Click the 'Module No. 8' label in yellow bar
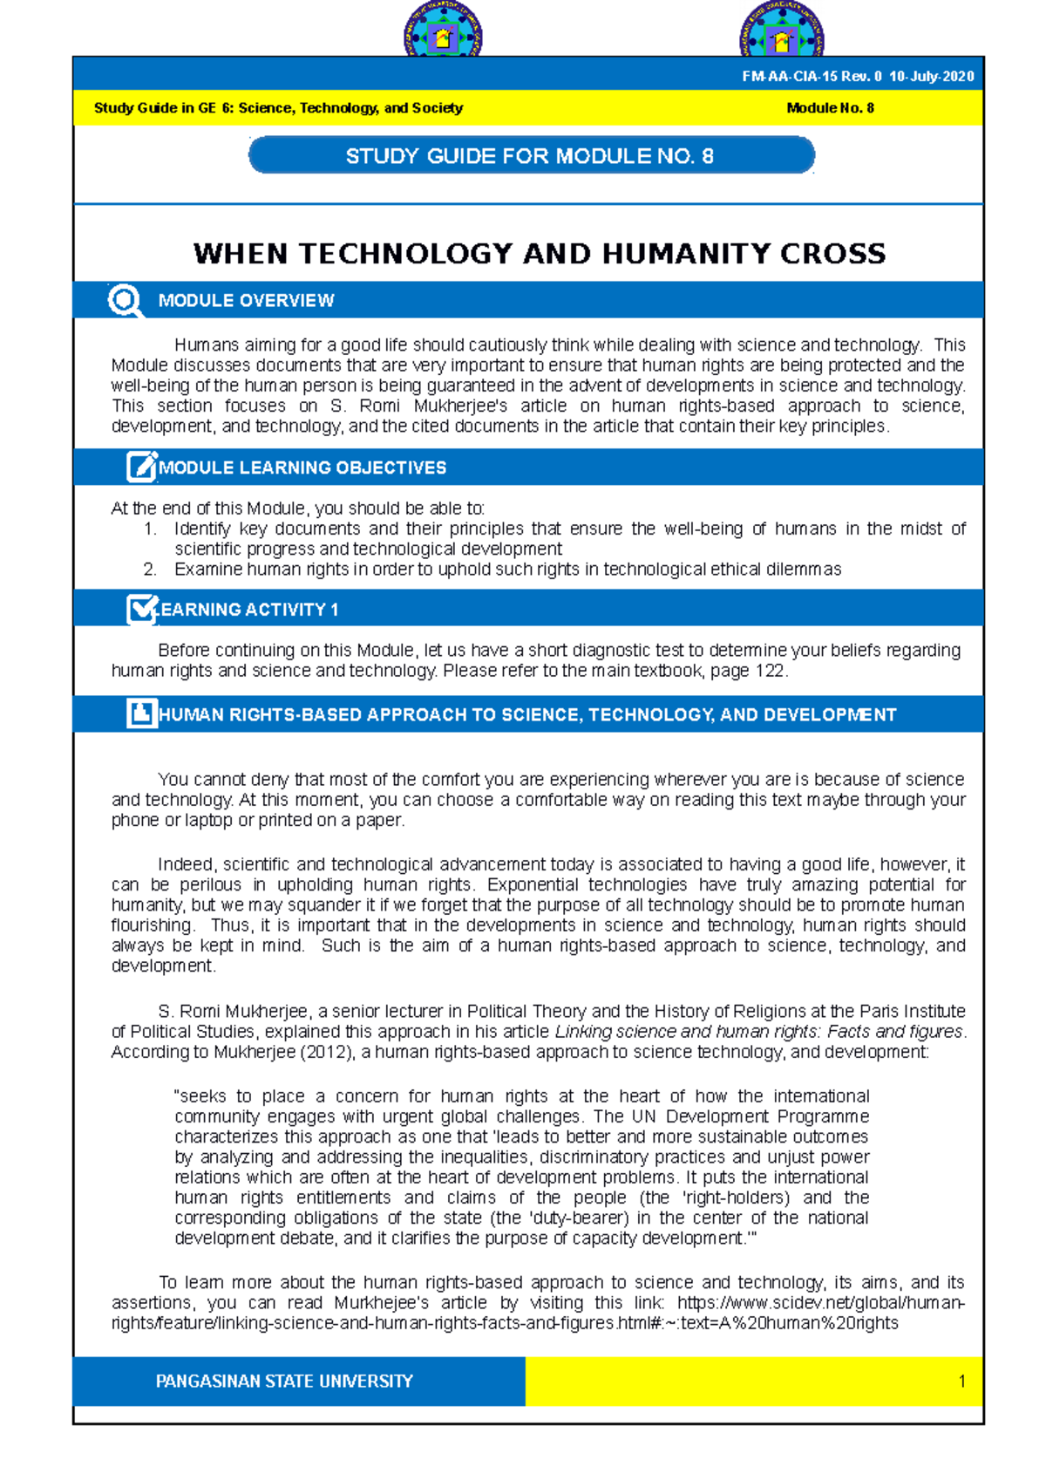(830, 108)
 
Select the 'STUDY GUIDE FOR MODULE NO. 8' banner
(531, 156)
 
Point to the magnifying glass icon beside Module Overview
(125, 301)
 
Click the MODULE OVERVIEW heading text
(246, 301)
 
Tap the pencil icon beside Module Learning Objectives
(141, 468)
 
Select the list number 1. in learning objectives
(150, 529)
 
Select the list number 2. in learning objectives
(150, 570)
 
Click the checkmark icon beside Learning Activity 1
(140, 609)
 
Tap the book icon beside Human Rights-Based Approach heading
(140, 713)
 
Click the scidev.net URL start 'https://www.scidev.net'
(755, 1303)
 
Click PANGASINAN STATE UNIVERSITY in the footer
(284, 1382)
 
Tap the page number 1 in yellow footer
(961, 1382)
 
